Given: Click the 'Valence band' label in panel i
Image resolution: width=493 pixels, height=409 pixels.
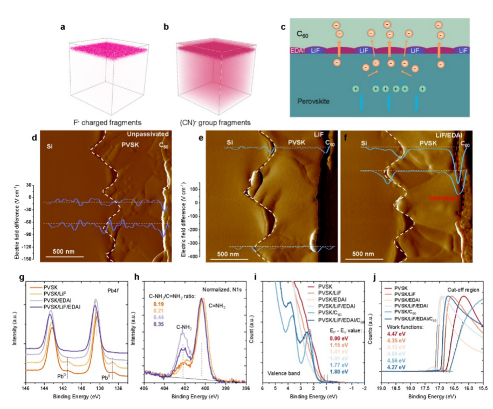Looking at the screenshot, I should click(284, 372).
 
